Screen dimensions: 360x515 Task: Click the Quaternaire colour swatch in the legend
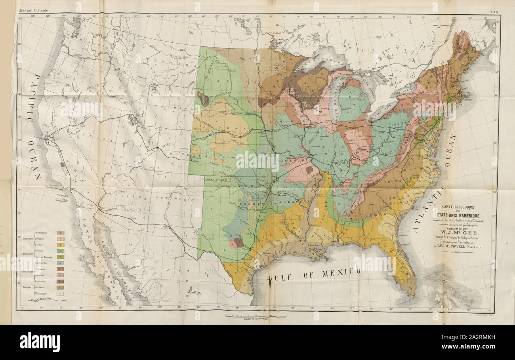point(61,233)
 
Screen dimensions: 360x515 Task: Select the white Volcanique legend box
point(61,294)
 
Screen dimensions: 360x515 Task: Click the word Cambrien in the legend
point(42,281)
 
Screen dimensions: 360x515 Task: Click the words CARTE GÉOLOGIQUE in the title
point(458,206)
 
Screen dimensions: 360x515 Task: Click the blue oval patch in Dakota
point(204,100)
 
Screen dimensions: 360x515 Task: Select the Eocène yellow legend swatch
point(61,245)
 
